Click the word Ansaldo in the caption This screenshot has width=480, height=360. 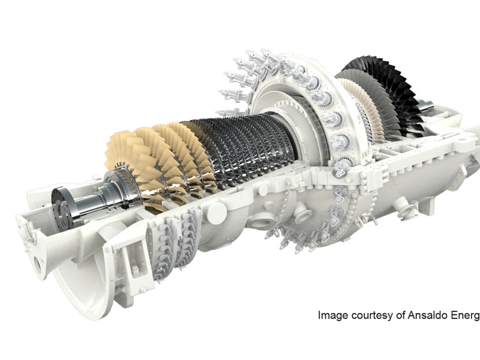click(x=428, y=315)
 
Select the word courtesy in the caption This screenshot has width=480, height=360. click(x=371, y=315)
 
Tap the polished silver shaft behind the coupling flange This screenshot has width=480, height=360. click(x=92, y=200)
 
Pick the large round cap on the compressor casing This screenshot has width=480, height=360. click(x=216, y=213)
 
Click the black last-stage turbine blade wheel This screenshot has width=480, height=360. click(x=395, y=90)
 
